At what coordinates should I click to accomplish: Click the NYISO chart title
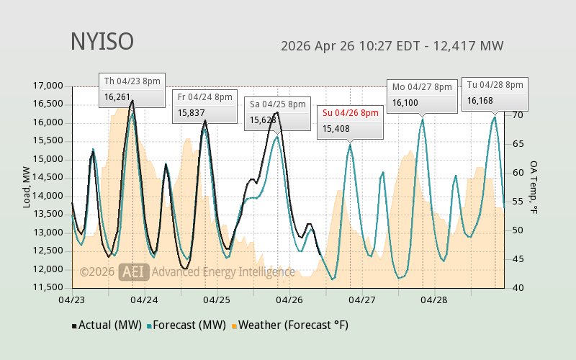click(102, 42)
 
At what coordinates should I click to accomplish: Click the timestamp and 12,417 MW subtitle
click(392, 46)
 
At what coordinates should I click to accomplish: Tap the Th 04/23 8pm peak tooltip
click(132, 89)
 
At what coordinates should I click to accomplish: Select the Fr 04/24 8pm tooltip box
click(205, 105)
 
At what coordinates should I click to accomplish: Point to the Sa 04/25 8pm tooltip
click(277, 112)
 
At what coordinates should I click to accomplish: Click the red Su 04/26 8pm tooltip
click(350, 121)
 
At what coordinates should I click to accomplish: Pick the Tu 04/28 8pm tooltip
click(495, 93)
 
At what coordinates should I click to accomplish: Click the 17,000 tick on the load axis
click(49, 86)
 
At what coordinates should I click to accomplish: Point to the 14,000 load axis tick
click(49, 196)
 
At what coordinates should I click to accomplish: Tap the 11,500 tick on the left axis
click(49, 288)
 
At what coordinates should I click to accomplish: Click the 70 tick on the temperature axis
click(516, 114)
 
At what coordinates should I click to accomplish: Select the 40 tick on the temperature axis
click(516, 288)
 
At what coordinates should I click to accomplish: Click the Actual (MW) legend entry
click(105, 325)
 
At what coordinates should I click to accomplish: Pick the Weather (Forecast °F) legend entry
click(289, 325)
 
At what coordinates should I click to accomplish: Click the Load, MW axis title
click(27, 186)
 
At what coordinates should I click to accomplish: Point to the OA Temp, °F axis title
click(534, 186)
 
